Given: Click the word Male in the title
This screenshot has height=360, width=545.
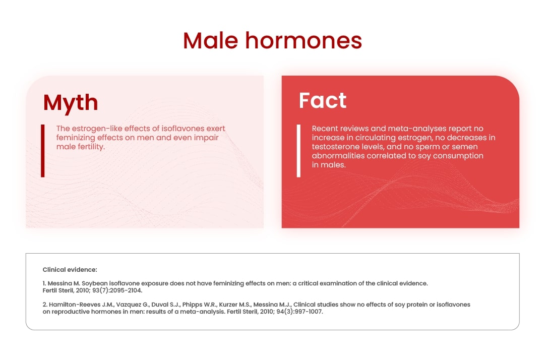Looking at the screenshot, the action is coord(210,40).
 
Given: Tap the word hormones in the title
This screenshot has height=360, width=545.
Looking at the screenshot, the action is coord(304,40).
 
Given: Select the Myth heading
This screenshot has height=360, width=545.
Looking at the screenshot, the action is coord(71,103).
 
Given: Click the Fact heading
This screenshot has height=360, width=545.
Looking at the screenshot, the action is coord(323,100).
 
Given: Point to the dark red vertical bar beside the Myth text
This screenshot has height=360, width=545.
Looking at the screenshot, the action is coord(43,151).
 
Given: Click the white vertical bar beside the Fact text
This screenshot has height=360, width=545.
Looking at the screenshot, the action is coord(298,151).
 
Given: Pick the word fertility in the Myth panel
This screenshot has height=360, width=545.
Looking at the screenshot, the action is coord(90,147).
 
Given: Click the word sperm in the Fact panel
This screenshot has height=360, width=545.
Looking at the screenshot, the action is coord(428,147).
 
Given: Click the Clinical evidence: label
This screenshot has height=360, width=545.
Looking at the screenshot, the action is coord(70,270).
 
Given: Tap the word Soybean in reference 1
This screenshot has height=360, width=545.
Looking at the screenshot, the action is coord(95,283).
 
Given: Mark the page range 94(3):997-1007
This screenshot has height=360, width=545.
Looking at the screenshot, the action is coord(299,312).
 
